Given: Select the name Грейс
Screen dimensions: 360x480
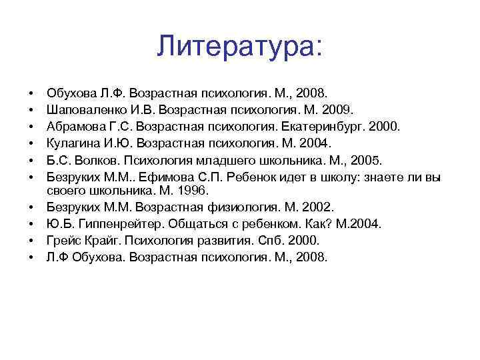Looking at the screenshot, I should click(62, 240).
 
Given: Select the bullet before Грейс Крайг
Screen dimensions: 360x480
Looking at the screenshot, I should click(31, 240).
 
